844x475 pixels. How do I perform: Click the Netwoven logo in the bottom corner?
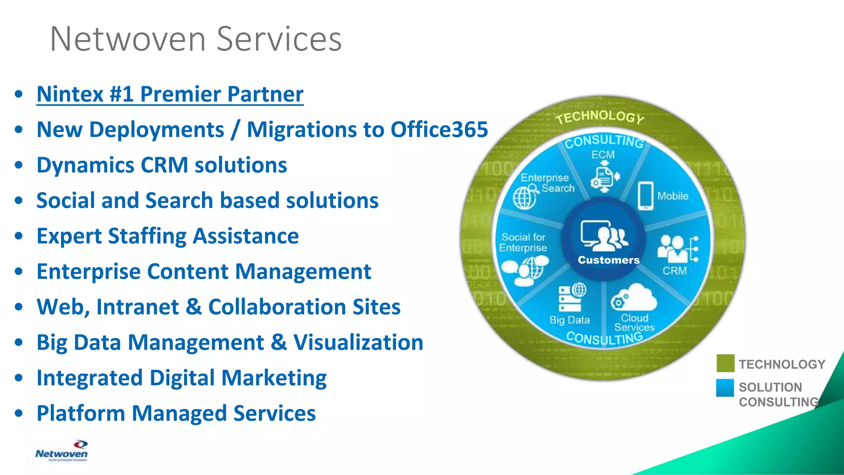pyautogui.click(x=61, y=451)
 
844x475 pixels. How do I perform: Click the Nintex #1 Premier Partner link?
pyautogui.click(x=170, y=94)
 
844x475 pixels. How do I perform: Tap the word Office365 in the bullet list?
pyautogui.click(x=439, y=129)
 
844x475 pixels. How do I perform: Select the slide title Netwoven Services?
pyautogui.click(x=196, y=39)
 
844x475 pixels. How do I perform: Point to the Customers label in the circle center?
pyautogui.click(x=608, y=260)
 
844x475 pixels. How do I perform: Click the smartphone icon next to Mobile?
pyautogui.click(x=645, y=196)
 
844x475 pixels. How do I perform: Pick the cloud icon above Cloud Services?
pyautogui.click(x=634, y=298)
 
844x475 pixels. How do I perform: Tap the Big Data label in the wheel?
pyautogui.click(x=570, y=320)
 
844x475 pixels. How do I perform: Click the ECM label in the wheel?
pyautogui.click(x=603, y=155)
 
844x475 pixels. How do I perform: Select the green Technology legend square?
pyautogui.click(x=725, y=363)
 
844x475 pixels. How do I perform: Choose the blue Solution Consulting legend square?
pyautogui.click(x=725, y=388)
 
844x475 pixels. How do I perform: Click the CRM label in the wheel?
pyautogui.click(x=675, y=271)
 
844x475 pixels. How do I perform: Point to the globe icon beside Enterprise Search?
pyautogui.click(x=525, y=197)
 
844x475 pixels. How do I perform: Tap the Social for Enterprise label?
pyautogui.click(x=523, y=242)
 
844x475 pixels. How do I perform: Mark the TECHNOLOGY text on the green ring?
pyautogui.click(x=600, y=117)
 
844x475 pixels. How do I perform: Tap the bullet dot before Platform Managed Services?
pyautogui.click(x=19, y=413)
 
